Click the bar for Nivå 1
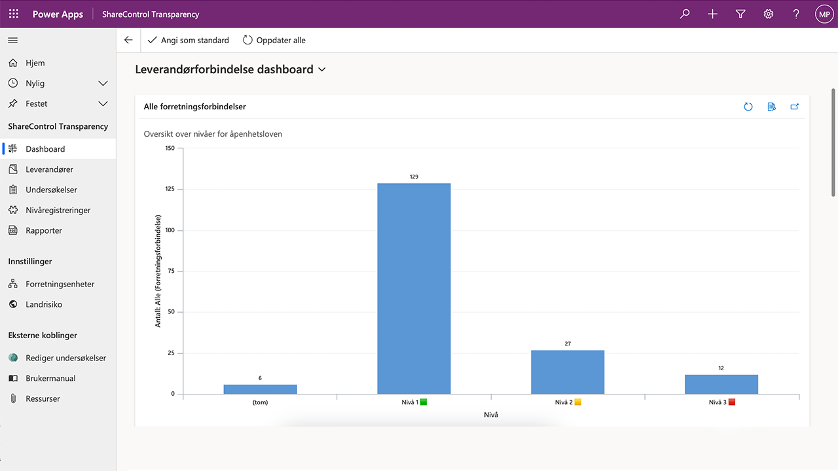click(x=414, y=288)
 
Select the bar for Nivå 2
click(x=568, y=372)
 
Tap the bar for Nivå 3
click(x=721, y=384)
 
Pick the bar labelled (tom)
click(x=260, y=389)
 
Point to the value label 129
click(x=414, y=177)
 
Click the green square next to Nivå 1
click(x=424, y=402)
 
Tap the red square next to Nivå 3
click(x=732, y=402)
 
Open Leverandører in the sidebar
click(x=49, y=169)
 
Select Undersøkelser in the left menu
click(x=51, y=190)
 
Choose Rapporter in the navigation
click(x=44, y=230)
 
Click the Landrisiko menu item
click(x=44, y=304)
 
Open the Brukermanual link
click(x=50, y=378)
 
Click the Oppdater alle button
click(x=274, y=41)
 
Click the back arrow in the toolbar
click(x=128, y=41)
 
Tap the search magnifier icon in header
click(x=685, y=14)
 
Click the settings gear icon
click(x=769, y=14)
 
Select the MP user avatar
click(x=824, y=14)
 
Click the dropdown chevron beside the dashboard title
click(x=321, y=69)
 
